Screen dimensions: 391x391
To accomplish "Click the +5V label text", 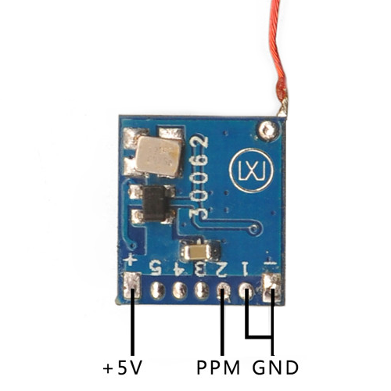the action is click(x=123, y=368).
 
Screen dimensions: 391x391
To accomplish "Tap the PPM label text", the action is click(x=218, y=368).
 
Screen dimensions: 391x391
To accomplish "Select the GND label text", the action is click(x=275, y=368).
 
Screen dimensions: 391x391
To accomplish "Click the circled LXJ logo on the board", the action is click(x=252, y=170).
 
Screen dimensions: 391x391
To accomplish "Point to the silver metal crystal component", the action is click(x=158, y=156).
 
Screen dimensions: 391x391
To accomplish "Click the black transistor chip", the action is click(x=155, y=203).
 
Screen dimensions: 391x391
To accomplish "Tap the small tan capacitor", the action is click(x=198, y=252).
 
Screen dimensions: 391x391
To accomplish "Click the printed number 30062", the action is click(x=199, y=178).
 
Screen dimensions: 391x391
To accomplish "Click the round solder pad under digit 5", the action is click(x=157, y=290).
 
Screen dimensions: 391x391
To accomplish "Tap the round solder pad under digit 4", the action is click(x=180, y=290).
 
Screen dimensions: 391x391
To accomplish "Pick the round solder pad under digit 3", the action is click(x=202, y=290).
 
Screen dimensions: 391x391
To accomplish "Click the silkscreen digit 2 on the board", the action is click(x=222, y=269).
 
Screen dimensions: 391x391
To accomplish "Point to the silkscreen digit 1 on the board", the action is click(x=246, y=269).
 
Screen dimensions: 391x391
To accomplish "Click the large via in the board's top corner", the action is click(x=267, y=130).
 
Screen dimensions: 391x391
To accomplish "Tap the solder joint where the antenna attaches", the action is click(x=283, y=109).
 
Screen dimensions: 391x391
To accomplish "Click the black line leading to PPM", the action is click(x=222, y=322).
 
